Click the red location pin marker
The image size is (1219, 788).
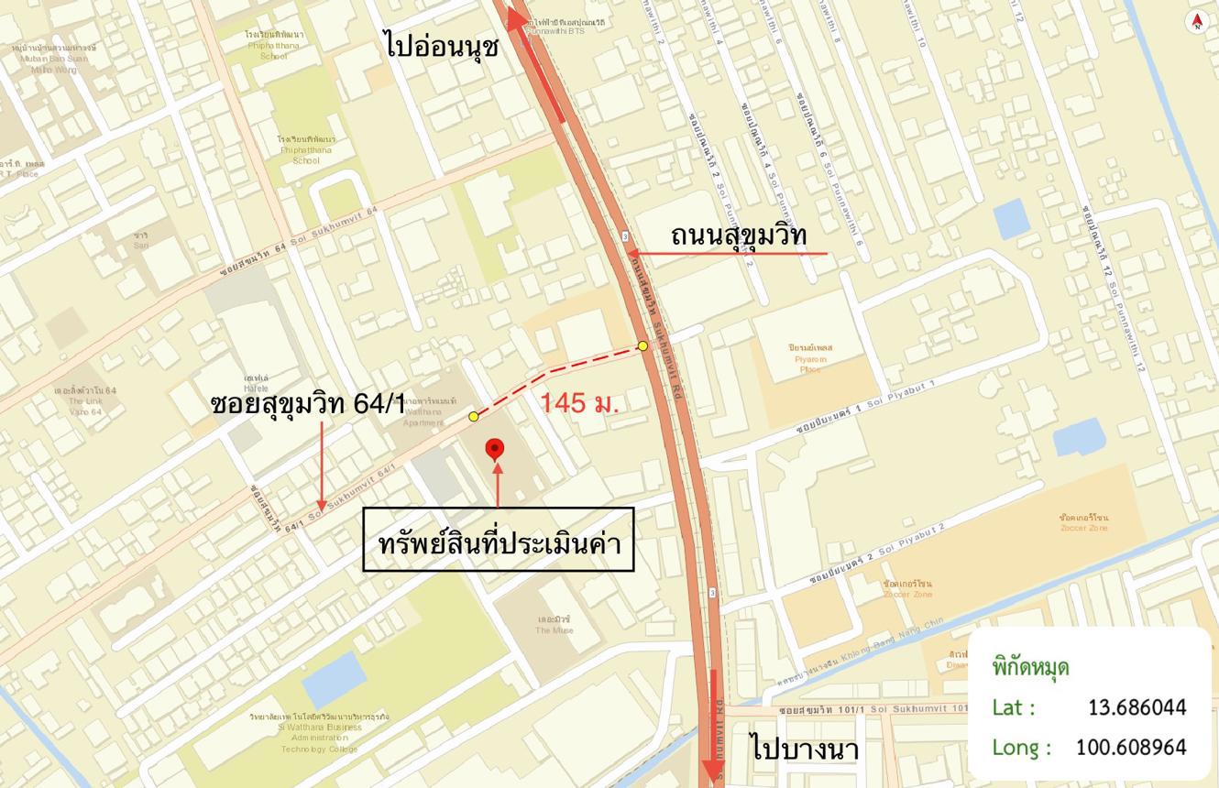pos(494,448)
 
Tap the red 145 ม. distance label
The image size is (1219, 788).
pos(579,402)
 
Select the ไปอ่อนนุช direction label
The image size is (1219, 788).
pos(443,45)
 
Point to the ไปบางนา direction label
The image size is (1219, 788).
pos(805,748)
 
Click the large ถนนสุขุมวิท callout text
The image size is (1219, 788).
pos(739,235)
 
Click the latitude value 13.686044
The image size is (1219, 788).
pos(1137,707)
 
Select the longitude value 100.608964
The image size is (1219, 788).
pos(1130,747)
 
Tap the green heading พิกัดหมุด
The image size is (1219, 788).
pos(1030,666)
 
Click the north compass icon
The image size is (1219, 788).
pos(1196,21)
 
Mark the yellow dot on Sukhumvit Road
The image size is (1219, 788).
pos(642,345)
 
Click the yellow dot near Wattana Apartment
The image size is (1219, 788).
pos(474,417)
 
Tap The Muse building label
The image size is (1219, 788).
pos(555,624)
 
